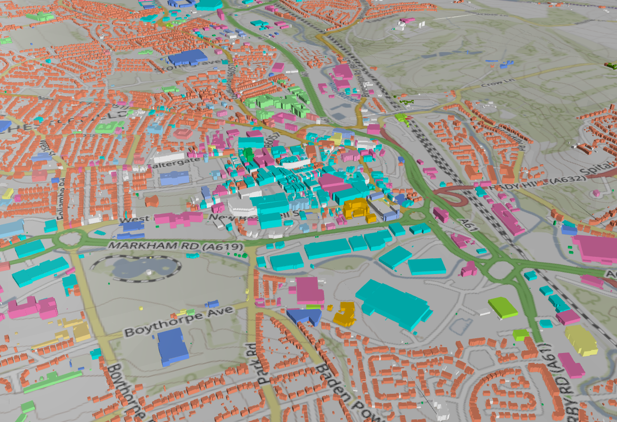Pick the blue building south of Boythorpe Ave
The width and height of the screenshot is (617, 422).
click(172, 346)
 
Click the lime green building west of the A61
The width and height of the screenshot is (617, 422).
click(503, 307)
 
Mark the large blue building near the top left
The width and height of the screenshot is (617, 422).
click(187, 57)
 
